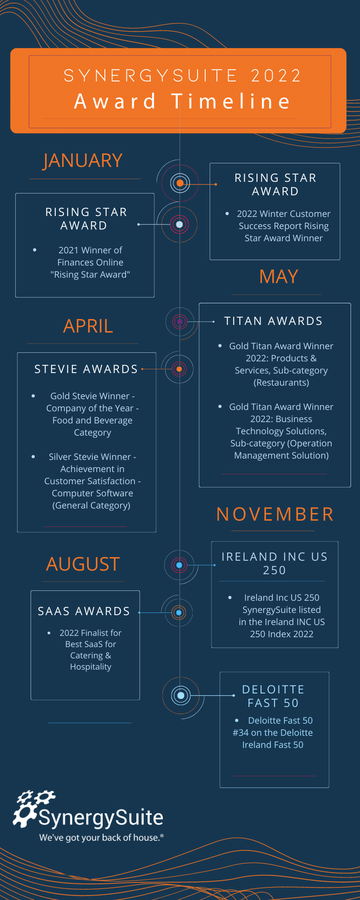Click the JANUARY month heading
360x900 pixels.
coord(83,161)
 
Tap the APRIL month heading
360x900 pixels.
coord(88,326)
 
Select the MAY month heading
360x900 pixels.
coord(279,276)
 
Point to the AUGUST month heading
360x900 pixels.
coord(83,564)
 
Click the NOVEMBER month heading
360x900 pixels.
coord(275,514)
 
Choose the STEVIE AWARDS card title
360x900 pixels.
coord(86,369)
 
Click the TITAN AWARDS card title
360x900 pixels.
coord(274,321)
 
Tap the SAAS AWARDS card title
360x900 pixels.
coord(84,611)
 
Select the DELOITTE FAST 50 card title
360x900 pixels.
coord(273,696)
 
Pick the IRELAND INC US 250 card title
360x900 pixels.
coord(274,563)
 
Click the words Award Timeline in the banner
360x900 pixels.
coord(182,101)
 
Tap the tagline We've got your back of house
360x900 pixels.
coord(101,837)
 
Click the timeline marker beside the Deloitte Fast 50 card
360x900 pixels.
coord(181,695)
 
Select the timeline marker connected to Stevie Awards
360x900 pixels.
coord(179,369)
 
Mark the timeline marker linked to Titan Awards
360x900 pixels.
coord(180,322)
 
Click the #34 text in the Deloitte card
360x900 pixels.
coord(241,733)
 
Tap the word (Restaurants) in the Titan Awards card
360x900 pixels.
coord(281,382)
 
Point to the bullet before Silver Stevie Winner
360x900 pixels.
coord(33,457)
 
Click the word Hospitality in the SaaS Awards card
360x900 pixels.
coord(90,667)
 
